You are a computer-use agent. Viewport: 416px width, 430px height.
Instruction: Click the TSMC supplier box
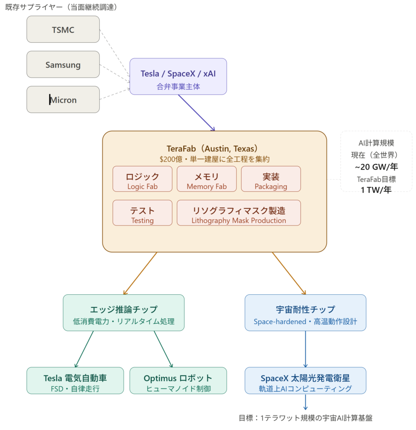tap(63, 29)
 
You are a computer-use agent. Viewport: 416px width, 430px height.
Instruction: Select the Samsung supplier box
tap(63, 65)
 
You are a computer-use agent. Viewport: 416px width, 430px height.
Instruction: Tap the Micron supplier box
tap(63, 100)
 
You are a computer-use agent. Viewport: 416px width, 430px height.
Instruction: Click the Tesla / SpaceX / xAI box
tap(178, 76)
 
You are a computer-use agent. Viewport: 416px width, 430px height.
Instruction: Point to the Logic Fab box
tap(142, 179)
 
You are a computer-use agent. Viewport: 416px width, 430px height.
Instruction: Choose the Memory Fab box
tap(206, 179)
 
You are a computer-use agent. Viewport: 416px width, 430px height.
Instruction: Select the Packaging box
tap(271, 179)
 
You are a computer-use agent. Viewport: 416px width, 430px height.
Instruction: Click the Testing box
tap(142, 213)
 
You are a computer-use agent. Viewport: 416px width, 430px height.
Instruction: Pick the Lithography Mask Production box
tap(239, 213)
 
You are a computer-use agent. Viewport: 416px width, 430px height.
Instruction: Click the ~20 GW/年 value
tap(376, 167)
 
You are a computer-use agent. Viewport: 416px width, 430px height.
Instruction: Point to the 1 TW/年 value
tap(376, 190)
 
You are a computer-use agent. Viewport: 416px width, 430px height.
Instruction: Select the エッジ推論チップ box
tap(124, 313)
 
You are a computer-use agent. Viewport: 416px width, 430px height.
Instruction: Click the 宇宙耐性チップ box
tap(305, 313)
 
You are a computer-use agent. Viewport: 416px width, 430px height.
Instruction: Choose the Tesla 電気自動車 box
tap(75, 381)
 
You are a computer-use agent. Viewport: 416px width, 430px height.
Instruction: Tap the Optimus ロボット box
tap(178, 381)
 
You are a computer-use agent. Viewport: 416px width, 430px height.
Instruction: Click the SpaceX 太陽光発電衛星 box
tap(305, 381)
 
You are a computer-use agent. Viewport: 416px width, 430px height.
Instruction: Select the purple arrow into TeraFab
tap(196, 113)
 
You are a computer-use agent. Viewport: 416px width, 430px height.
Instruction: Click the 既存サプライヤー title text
tap(61, 7)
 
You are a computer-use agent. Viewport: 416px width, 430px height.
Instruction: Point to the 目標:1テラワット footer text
tap(305, 418)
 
